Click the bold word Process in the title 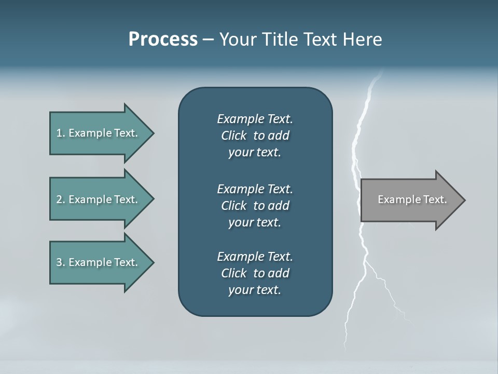coord(163,39)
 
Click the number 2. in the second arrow coord(60,199)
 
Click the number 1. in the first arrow coord(60,133)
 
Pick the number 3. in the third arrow coord(60,263)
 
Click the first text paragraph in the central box coord(255,136)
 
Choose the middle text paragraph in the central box coord(255,205)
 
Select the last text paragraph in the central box coord(255,273)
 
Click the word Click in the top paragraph coord(234,136)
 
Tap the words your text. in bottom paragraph coord(255,290)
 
